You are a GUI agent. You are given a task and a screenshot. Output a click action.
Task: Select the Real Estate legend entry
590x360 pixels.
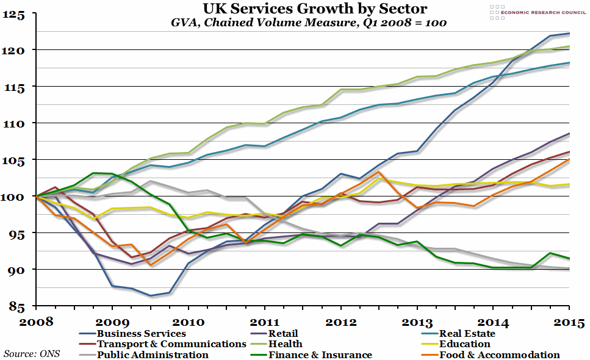coord(467,334)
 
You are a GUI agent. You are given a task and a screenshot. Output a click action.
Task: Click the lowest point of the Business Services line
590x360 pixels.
coord(150,296)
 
